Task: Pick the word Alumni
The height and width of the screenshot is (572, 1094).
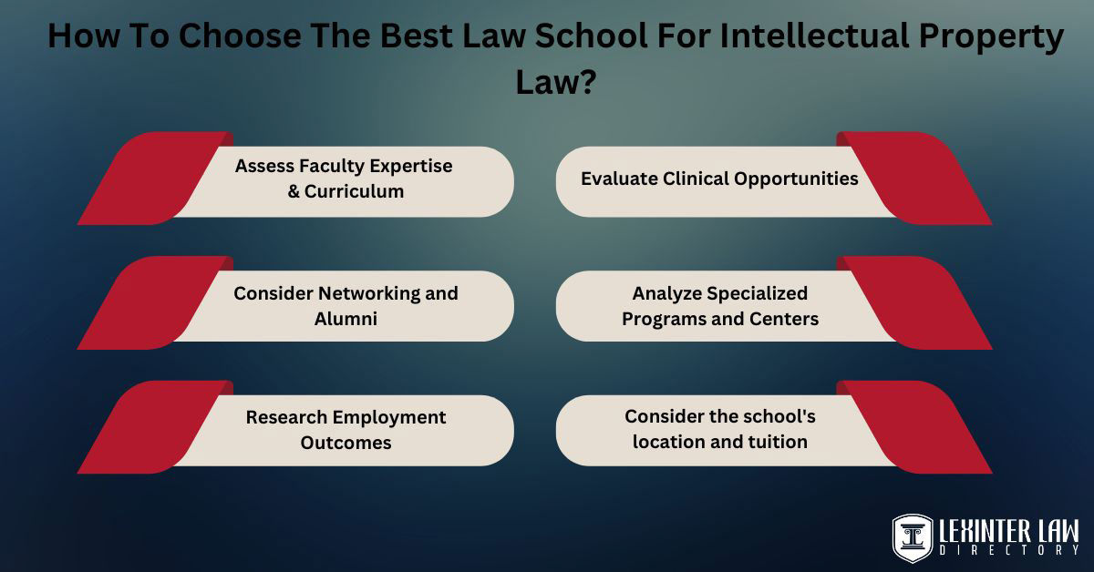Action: pyautogui.click(x=345, y=319)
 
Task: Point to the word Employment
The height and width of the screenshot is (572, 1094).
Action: pyautogui.click(x=389, y=417)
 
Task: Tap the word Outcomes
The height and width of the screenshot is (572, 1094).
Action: pyautogui.click(x=346, y=443)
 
